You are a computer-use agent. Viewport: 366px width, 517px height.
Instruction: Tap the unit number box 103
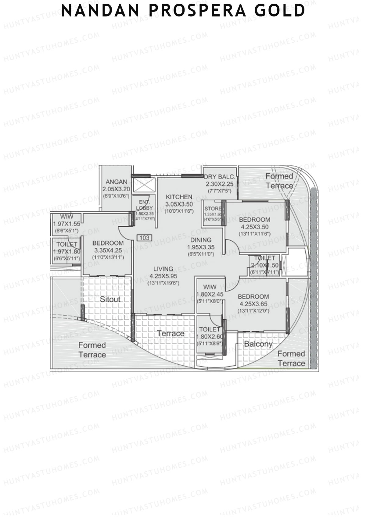point(145,238)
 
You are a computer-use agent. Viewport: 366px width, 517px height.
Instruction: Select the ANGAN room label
point(117,182)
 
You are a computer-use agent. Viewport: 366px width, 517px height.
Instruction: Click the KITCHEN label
point(179,197)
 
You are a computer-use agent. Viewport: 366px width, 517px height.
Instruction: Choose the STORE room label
point(213,209)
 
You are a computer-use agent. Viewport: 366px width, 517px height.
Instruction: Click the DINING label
point(201,240)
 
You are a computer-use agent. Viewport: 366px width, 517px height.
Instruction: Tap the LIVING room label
point(163,269)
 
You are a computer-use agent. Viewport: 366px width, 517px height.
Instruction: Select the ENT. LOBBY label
point(144,205)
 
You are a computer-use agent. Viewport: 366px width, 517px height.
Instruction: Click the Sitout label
point(110,299)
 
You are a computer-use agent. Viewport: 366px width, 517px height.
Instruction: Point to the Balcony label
point(258,344)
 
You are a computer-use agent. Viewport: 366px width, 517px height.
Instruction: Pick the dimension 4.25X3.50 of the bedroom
point(255,227)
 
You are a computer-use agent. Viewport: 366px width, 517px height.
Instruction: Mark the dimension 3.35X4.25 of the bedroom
point(108,250)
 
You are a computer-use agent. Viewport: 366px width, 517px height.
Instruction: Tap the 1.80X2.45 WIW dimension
point(210,294)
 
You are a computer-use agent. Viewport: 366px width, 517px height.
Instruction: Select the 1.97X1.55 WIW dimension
point(66,224)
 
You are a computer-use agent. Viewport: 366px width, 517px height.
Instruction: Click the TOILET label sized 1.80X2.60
point(210,329)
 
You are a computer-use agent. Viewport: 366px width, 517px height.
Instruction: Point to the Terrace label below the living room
point(170,334)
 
